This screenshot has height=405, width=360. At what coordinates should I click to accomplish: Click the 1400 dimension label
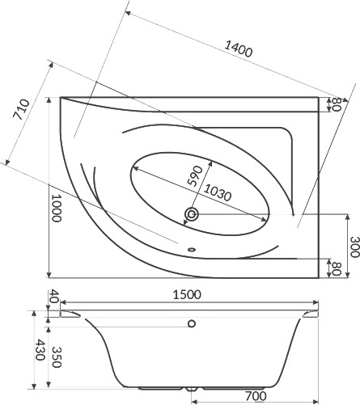pos(239,49)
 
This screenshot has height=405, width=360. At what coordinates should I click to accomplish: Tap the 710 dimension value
pos(21,109)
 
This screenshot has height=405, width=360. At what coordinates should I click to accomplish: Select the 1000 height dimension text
pos(57,208)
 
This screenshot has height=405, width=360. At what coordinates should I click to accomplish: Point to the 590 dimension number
pos(195,176)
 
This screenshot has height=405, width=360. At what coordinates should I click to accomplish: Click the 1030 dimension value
pos(217,193)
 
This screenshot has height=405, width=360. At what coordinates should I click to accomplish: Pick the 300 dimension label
pos(354,247)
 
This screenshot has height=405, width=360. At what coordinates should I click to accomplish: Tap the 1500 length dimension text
pos(187,295)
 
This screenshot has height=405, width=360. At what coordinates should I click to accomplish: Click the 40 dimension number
pos(54,296)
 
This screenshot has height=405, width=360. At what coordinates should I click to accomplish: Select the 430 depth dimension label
pos(40,350)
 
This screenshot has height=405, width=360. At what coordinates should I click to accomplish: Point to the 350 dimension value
pos(56,357)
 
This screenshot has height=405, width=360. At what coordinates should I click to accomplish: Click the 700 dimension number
pos(256,396)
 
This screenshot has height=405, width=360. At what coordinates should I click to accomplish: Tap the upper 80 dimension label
pos(337,104)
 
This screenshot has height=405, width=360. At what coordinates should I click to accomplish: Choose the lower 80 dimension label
pos(337,268)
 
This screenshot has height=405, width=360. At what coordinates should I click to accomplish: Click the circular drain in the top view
pos(192,214)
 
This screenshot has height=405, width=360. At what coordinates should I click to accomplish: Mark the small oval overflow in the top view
pos(192,250)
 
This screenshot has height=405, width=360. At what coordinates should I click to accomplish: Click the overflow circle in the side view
pos(192,323)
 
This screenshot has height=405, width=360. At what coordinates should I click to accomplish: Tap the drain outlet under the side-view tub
pos(192,390)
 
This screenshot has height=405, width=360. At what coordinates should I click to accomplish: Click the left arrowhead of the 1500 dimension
pos(63,302)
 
